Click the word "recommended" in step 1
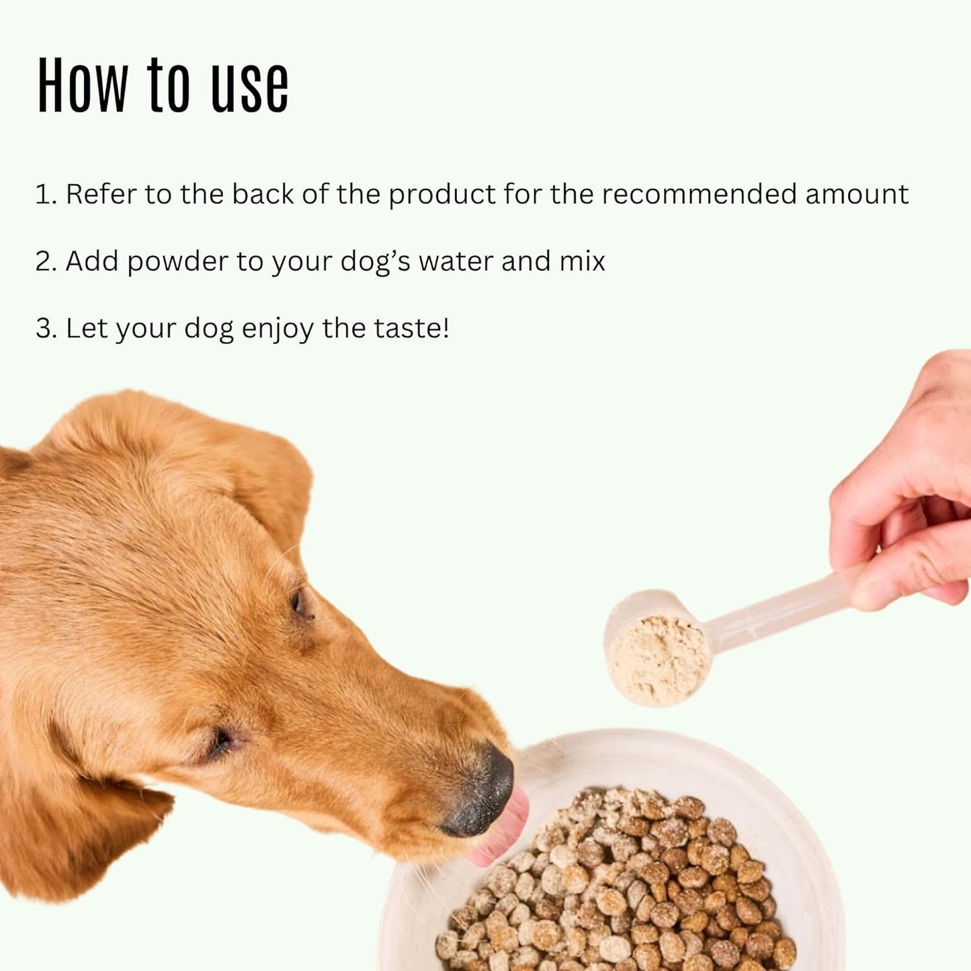click(699, 194)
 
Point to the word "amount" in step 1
click(857, 194)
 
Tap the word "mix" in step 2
click(582, 261)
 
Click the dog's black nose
click(484, 786)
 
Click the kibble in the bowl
click(625, 887)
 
